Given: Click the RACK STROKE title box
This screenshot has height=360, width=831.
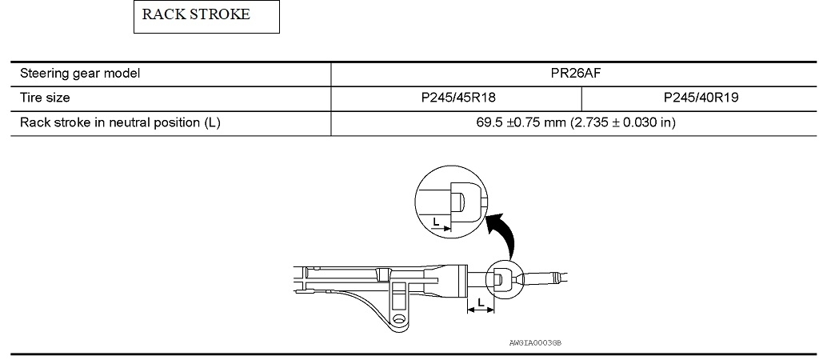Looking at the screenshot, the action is coord(206,17).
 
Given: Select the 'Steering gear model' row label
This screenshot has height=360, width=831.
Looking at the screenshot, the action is coord(80,74).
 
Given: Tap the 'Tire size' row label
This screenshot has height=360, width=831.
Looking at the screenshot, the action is coord(45,98).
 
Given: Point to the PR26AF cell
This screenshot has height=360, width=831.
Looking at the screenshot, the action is coord(576,74).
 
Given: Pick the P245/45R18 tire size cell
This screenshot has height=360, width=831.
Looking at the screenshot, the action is coord(456,98).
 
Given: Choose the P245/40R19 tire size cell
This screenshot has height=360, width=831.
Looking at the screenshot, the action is coord(701,98).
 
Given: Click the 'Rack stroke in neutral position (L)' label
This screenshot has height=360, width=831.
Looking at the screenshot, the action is coord(120,123).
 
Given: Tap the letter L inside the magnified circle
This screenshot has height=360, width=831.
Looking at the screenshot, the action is coord(436,222).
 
